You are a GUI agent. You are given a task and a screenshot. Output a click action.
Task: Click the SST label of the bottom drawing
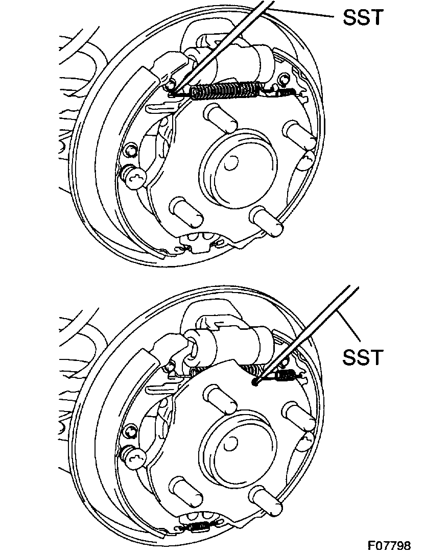[x=362, y=357]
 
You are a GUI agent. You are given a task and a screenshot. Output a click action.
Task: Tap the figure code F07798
[x=389, y=546]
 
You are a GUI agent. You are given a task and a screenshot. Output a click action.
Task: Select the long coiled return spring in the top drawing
[x=225, y=90]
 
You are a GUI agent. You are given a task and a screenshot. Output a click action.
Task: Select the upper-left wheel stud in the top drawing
[x=219, y=117]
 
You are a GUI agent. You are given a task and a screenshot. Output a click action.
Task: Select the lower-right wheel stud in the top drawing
[x=268, y=223]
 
